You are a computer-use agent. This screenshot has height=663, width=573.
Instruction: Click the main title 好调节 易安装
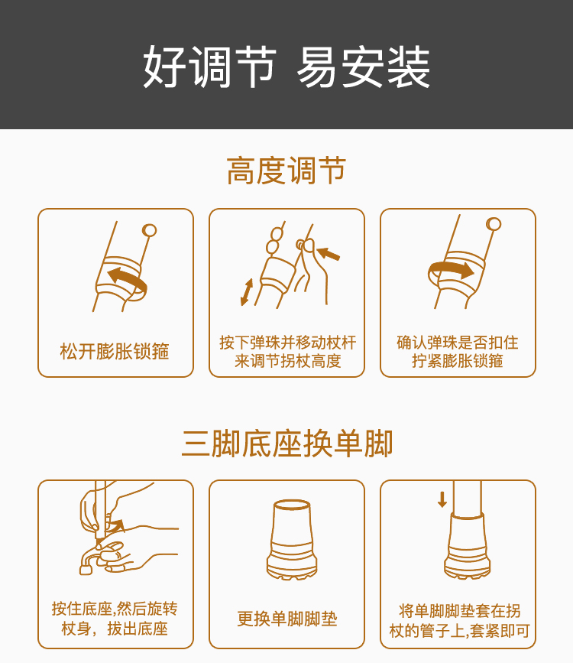(x=286, y=67)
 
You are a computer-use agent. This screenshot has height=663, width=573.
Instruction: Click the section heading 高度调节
(x=286, y=171)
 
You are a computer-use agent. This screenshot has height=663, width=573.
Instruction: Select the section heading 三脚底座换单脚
(x=286, y=444)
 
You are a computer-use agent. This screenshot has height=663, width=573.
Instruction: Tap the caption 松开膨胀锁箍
(x=115, y=352)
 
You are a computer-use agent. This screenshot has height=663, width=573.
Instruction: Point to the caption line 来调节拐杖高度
(x=287, y=361)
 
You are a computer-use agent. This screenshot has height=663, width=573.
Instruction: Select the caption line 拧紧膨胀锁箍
(x=458, y=361)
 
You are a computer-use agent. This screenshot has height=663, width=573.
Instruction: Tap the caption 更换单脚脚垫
(x=287, y=619)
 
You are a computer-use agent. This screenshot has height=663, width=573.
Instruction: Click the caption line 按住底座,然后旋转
(x=115, y=609)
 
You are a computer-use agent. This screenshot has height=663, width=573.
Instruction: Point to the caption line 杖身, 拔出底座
(x=115, y=629)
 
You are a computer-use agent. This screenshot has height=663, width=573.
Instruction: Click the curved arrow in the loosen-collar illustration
(x=127, y=278)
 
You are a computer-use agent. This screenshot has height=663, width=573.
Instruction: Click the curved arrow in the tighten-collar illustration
(x=451, y=269)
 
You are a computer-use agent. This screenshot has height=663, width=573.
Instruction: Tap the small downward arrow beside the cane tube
(x=442, y=499)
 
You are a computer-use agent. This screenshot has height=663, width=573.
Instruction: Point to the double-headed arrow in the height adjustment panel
(x=247, y=292)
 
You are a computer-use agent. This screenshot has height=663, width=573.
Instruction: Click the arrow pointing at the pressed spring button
(x=329, y=254)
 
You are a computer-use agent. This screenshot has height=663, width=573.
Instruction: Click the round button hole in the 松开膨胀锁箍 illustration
(x=150, y=229)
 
